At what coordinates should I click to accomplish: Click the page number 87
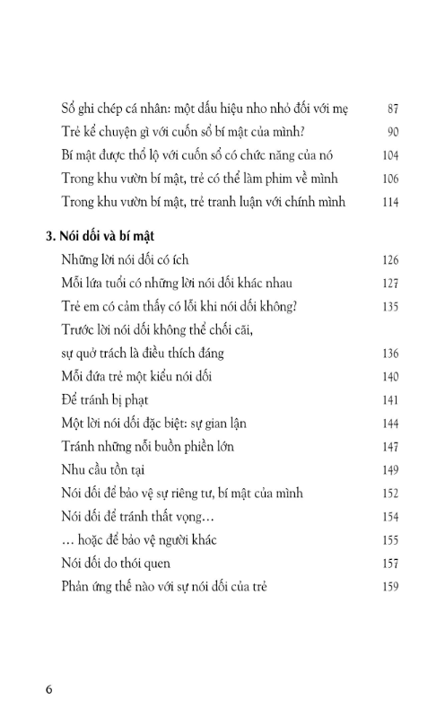pyautogui.click(x=392, y=108)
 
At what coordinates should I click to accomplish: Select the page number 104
pyautogui.click(x=389, y=154)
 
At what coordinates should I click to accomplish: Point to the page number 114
pyautogui.click(x=389, y=201)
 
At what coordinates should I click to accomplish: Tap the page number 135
pyautogui.click(x=389, y=307)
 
